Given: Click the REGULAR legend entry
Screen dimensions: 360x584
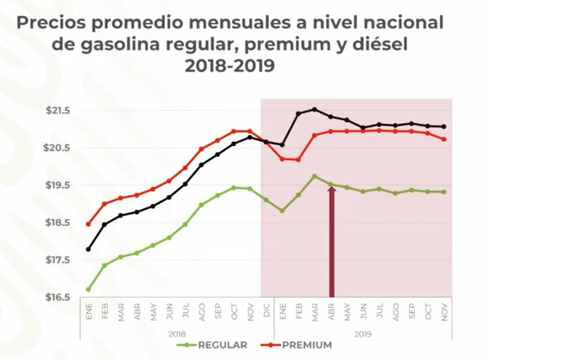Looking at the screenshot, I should (x=221, y=345).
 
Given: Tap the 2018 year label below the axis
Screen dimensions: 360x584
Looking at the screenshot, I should (x=177, y=333).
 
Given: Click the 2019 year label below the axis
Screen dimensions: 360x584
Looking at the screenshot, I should (x=363, y=333).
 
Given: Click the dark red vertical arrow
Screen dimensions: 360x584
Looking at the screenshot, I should (x=331, y=243).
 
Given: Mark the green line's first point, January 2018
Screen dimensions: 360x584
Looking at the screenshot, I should (x=88, y=290).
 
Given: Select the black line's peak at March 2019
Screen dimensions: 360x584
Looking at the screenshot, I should (x=314, y=109).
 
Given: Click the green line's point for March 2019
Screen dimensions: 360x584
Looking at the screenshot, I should (x=314, y=176).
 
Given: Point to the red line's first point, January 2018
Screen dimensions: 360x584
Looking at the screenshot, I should (x=88, y=224).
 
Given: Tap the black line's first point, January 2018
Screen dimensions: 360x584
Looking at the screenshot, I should (x=88, y=249).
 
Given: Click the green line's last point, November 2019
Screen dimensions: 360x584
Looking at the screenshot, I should (x=444, y=192).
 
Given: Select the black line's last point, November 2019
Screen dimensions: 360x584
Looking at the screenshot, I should (x=444, y=127).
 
